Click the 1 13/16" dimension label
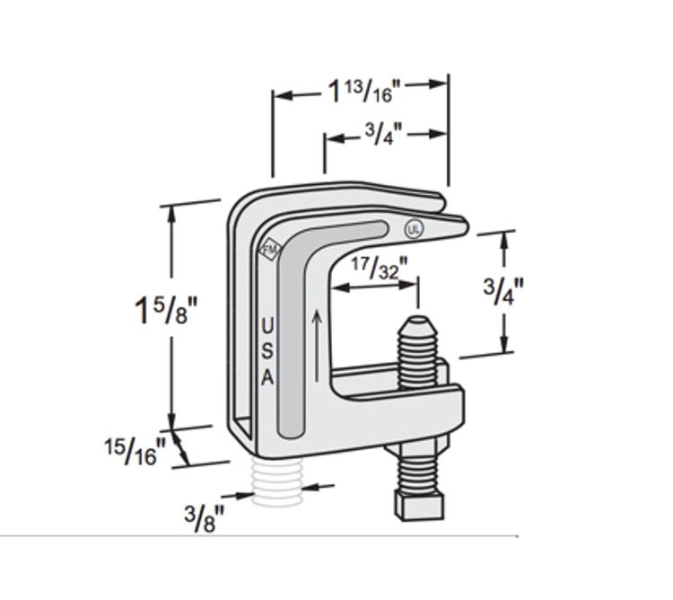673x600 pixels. (x=362, y=90)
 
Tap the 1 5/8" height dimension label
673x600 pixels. (x=164, y=310)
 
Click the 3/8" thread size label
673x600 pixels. (x=205, y=518)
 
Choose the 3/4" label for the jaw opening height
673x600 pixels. (x=503, y=290)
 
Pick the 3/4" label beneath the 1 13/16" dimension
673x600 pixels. (x=383, y=135)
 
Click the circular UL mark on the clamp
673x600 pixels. (x=414, y=229)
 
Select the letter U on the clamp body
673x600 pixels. (x=267, y=324)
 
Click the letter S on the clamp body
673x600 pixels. (x=267, y=351)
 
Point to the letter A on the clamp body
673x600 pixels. (x=267, y=378)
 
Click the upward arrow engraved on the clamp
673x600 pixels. (x=316, y=346)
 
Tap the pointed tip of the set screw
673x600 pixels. (x=417, y=321)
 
